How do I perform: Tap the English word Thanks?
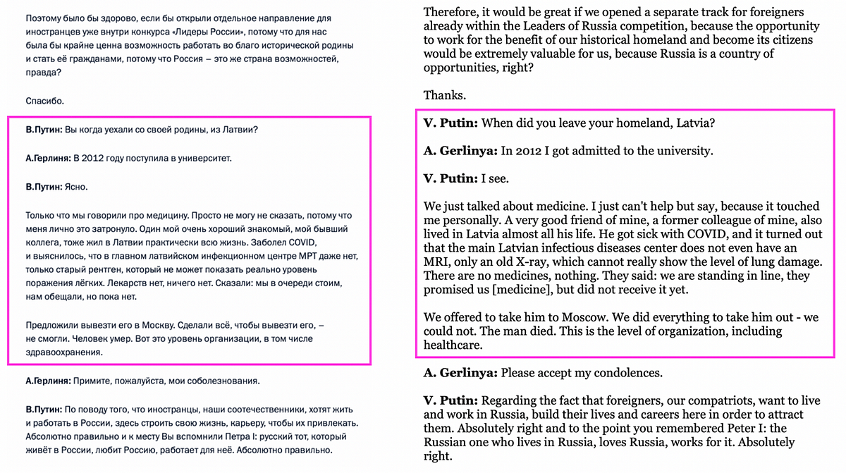point(444,94)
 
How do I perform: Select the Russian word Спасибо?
point(44,101)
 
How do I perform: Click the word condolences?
point(625,372)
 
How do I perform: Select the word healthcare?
point(453,345)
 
